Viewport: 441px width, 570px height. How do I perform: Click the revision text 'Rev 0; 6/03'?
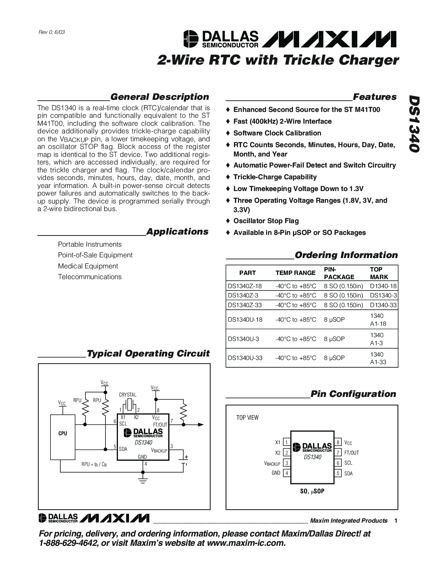click(52, 32)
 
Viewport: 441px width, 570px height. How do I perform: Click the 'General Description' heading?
click(159, 97)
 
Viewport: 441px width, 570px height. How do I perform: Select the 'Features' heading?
click(375, 97)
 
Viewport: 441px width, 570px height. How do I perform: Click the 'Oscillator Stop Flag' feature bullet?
click(266, 221)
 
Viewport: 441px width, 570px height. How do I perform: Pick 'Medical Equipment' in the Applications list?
click(88, 266)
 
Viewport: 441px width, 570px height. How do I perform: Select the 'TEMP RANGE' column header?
click(295, 273)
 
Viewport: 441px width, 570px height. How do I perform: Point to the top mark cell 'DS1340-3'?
click(383, 295)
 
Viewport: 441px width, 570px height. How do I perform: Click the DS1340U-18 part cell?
click(245, 320)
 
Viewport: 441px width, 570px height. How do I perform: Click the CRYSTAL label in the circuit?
click(128, 395)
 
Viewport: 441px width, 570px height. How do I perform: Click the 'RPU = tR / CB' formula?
click(94, 464)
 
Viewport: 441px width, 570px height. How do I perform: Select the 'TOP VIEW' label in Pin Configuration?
click(247, 418)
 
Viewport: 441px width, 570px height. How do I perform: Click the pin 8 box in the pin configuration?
click(338, 443)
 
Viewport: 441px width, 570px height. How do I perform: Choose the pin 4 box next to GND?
click(286, 473)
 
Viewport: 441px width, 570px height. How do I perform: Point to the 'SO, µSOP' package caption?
click(312, 491)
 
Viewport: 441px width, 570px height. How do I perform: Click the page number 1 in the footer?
click(395, 521)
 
